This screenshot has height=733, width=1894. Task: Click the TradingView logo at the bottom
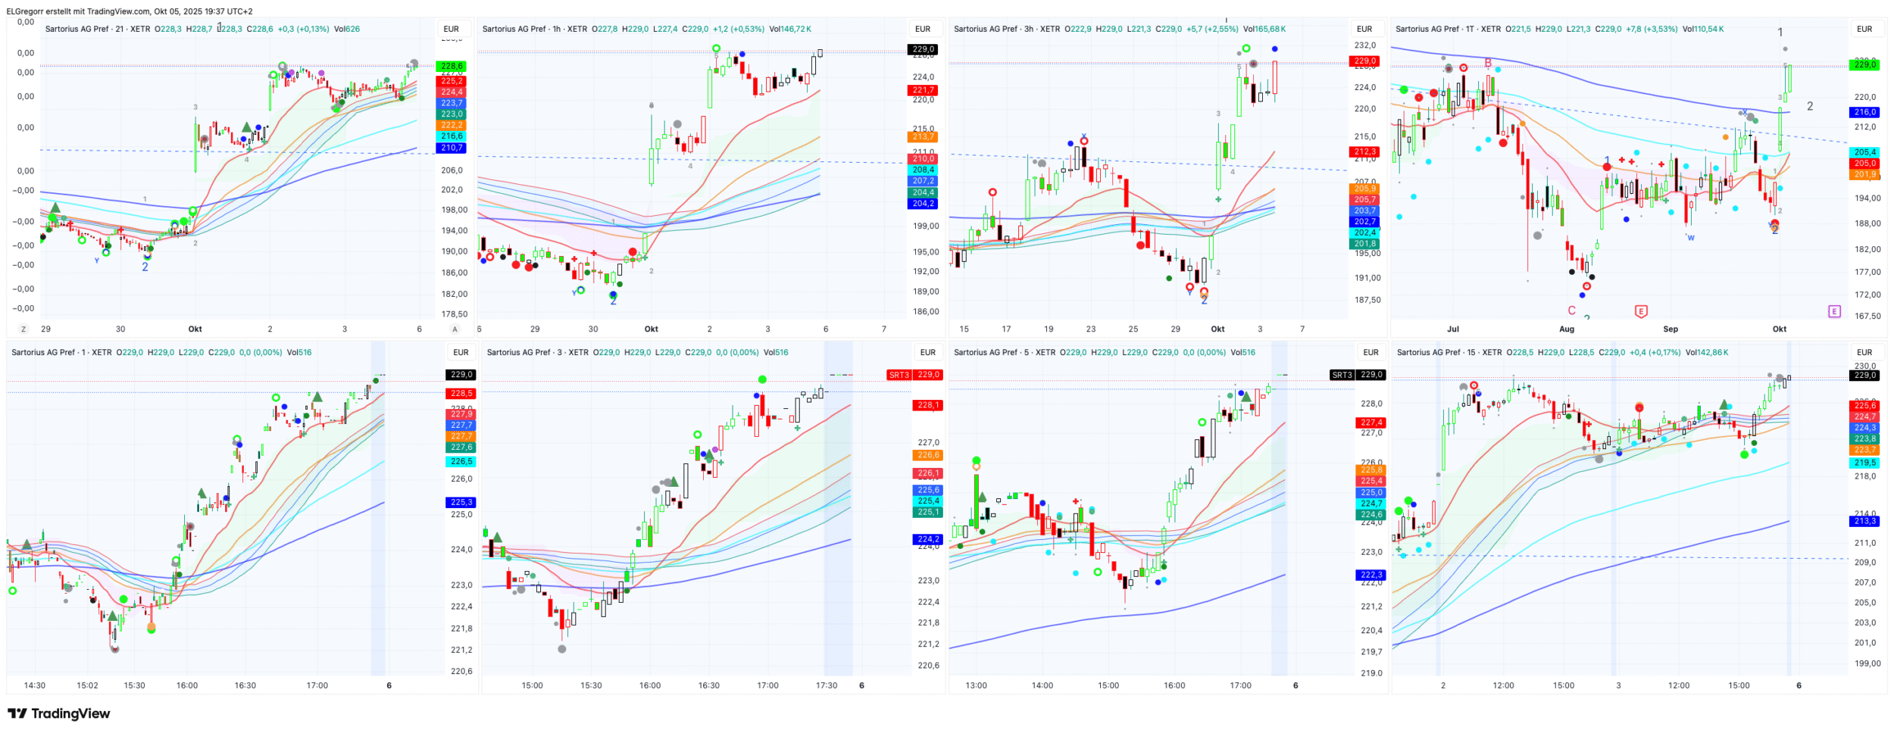[x=59, y=713]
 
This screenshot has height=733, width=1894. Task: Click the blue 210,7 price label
[x=451, y=148]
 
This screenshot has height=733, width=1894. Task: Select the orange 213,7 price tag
[x=923, y=137]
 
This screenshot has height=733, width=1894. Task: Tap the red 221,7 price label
[x=923, y=90]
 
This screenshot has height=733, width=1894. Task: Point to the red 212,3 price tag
[x=1364, y=151]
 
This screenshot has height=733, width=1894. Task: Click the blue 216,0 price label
[x=1864, y=112]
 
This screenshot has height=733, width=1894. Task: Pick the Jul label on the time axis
[x=1452, y=329]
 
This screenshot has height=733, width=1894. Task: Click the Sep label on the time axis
[x=1670, y=329]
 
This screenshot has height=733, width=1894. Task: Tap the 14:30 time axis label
[x=34, y=685]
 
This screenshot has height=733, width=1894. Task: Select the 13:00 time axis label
[x=976, y=685]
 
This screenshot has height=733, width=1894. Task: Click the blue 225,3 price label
[x=461, y=502]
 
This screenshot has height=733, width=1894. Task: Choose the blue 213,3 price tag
[x=1864, y=521]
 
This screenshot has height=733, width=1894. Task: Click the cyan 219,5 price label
[x=1864, y=463]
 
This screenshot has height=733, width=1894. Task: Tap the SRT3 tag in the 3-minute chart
[x=899, y=375]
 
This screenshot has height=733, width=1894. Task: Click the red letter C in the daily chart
[x=1571, y=310]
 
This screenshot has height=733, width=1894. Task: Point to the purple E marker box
[x=1834, y=311]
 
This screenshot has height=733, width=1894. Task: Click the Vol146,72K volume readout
[x=790, y=29]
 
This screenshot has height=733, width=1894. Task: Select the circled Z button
[x=23, y=329]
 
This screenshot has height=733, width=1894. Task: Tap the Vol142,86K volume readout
[x=1703, y=352]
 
